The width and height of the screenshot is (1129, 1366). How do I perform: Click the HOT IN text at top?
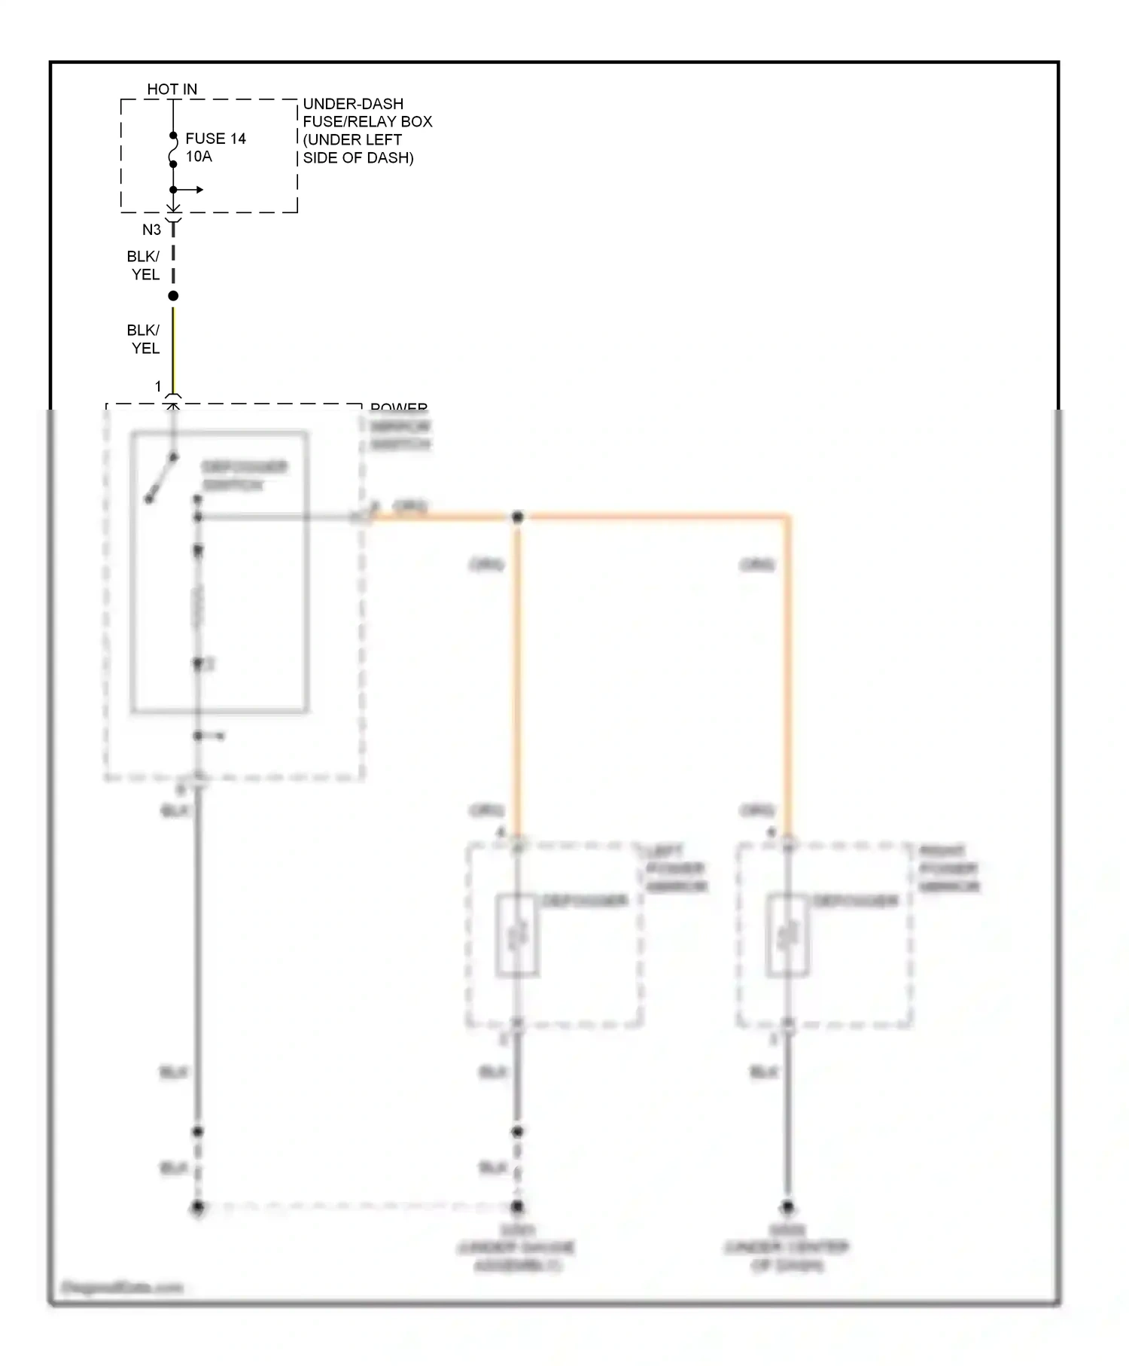(172, 89)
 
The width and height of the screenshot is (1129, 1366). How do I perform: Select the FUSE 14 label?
(215, 139)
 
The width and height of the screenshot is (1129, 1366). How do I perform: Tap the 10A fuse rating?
(199, 157)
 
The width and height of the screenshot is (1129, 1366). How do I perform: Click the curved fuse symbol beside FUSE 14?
(174, 150)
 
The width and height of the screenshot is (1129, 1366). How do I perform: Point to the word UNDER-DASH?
(353, 104)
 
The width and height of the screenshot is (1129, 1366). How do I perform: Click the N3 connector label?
(151, 230)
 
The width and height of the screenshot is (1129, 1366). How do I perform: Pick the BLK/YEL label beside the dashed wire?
(144, 266)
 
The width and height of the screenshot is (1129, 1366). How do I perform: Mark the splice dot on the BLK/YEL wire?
(173, 296)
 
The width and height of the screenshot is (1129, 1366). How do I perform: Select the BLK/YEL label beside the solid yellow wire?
(144, 340)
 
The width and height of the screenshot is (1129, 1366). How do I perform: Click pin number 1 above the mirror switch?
(158, 386)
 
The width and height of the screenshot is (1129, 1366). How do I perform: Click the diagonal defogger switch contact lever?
(161, 478)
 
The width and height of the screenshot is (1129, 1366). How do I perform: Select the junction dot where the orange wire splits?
(517, 517)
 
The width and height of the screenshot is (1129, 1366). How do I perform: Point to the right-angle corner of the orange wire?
(787, 518)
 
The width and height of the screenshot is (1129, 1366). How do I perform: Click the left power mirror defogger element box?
(516, 935)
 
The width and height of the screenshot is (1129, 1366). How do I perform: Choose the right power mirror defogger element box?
(787, 935)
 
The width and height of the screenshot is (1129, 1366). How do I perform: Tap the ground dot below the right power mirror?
(787, 1206)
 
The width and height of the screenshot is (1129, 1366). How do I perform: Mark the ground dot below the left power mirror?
(517, 1206)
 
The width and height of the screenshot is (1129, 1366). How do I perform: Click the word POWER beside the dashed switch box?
(399, 408)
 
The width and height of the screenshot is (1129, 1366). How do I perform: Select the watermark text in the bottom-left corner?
(122, 1287)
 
